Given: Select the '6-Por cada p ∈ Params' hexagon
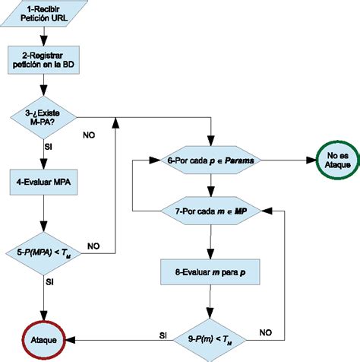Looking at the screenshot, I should (x=210, y=160).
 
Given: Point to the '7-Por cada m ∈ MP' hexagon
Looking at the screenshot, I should (x=210, y=211).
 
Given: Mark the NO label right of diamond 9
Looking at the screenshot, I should (x=265, y=332).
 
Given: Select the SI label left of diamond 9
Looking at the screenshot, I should (x=163, y=334).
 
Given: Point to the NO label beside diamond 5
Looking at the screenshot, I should (x=93, y=246).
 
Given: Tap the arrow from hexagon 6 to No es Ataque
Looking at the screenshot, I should (x=281, y=160).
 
